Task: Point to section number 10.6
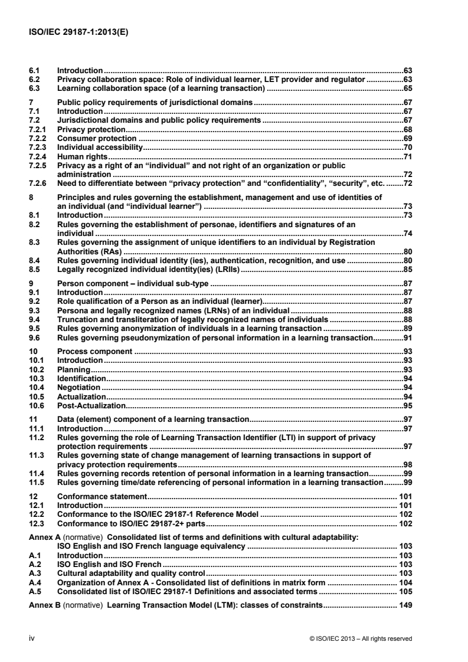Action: [x=37, y=406]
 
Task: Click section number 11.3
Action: [x=37, y=455]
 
